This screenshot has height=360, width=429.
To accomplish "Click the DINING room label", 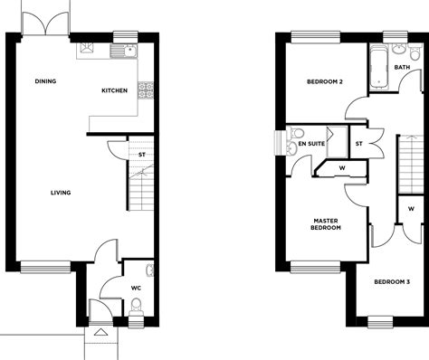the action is click(45, 81).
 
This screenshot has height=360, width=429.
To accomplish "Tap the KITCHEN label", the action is click(114, 90).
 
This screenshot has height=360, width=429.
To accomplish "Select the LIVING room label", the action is click(61, 193).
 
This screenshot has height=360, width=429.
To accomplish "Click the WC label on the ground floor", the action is click(136, 288).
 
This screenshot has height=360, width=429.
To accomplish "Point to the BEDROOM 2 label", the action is click(325, 81).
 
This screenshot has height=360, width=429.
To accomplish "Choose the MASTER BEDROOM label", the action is click(326, 224).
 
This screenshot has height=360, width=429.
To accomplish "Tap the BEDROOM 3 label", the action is click(392, 282).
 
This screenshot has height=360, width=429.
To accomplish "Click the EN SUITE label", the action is click(311, 144).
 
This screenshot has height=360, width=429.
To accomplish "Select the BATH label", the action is click(402, 67).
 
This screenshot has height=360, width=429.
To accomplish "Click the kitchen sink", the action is click(124, 51).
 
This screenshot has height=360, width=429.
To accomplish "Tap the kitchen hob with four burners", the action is click(146, 90).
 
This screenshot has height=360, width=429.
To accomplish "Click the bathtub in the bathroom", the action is click(379, 67).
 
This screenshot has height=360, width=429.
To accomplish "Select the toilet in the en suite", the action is click(296, 132).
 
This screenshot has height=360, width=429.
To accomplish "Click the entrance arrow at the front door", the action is click(100, 332).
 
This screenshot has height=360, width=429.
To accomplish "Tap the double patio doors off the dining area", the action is click(46, 23).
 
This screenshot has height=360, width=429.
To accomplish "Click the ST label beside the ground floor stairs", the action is click(142, 155).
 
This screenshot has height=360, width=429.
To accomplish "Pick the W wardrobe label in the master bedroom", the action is click(342, 168).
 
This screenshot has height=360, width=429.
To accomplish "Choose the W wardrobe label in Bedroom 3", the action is click(411, 208).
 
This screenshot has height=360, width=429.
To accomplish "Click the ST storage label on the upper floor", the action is click(358, 144).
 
